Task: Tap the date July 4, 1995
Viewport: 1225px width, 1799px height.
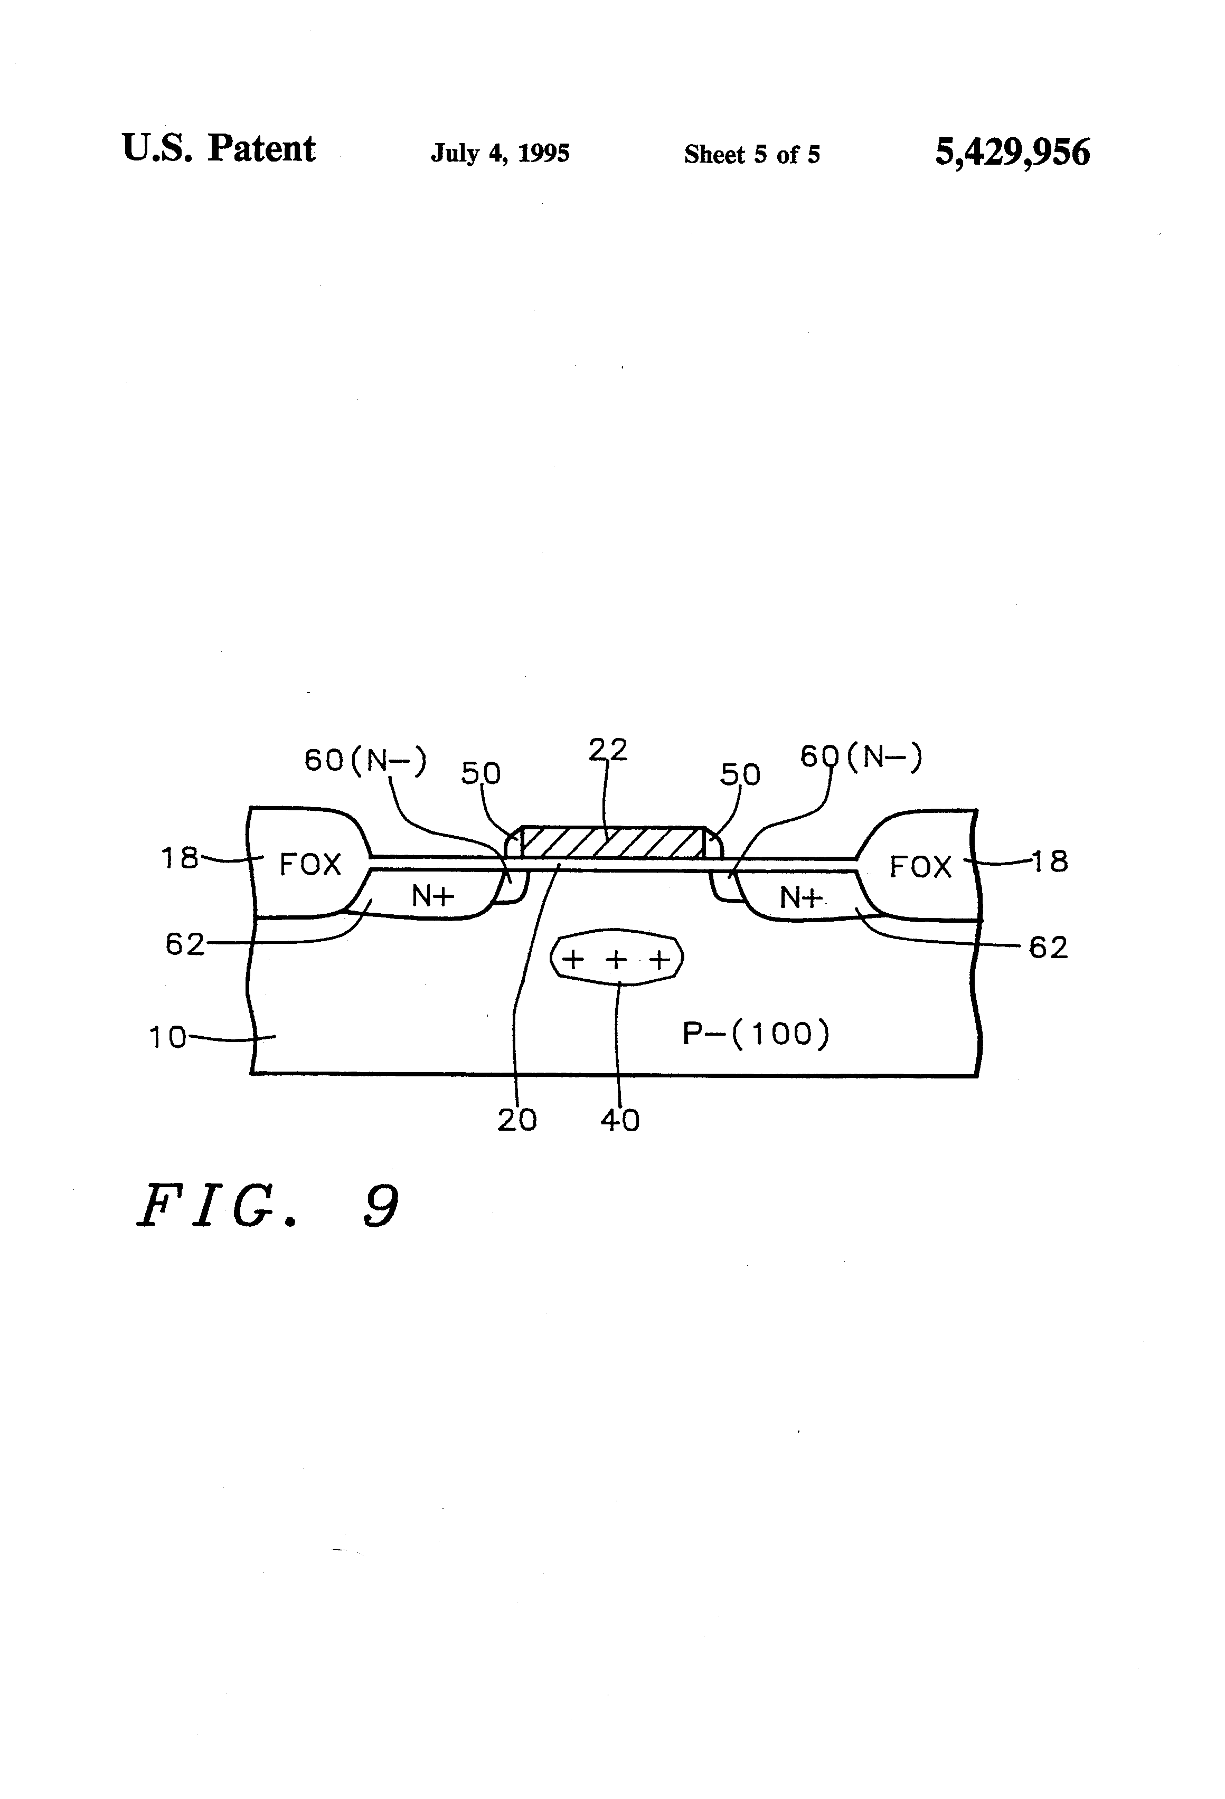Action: (x=500, y=153)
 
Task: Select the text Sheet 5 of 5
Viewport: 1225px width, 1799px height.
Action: (x=751, y=155)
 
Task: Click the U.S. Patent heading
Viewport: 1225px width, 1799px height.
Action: (x=219, y=149)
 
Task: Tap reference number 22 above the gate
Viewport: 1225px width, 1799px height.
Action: (x=608, y=750)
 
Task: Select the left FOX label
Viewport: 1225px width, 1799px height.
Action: (x=310, y=865)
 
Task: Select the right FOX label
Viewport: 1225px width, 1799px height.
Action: (x=920, y=867)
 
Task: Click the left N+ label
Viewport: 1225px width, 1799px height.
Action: (x=432, y=896)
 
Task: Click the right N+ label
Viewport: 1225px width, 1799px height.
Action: (x=800, y=898)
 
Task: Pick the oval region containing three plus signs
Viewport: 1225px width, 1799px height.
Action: (x=616, y=960)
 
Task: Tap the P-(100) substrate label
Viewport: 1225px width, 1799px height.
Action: (x=755, y=1034)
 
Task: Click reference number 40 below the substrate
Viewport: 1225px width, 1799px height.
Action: (x=619, y=1120)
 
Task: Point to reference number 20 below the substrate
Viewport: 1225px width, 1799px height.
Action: (x=516, y=1120)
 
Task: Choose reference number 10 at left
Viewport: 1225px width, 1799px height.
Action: (x=167, y=1037)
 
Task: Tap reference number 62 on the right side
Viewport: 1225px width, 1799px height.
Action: (x=1048, y=948)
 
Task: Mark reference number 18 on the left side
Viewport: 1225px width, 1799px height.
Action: (x=180, y=858)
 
